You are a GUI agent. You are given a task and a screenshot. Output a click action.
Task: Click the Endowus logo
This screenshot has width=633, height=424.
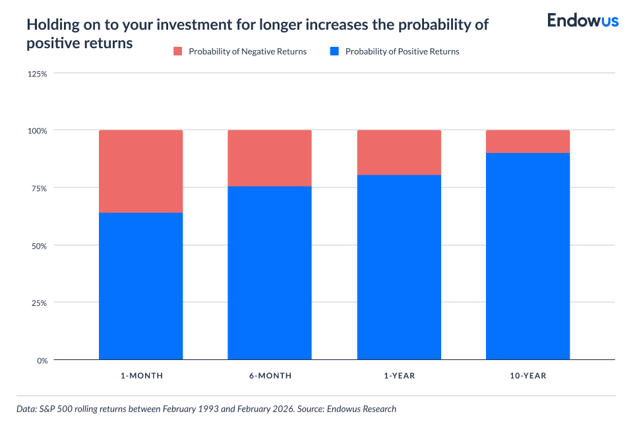[x=582, y=20]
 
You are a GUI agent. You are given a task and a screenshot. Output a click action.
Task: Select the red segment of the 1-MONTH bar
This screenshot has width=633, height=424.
[x=140, y=171]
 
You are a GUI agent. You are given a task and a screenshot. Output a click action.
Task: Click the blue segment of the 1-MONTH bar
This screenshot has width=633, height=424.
[x=140, y=286]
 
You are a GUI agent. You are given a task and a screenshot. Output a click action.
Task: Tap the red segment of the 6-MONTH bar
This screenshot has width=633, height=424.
[x=270, y=158]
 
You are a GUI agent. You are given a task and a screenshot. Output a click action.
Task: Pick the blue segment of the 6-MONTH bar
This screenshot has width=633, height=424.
[x=270, y=273]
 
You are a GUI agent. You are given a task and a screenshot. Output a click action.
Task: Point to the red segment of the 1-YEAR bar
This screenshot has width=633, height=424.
[x=399, y=152]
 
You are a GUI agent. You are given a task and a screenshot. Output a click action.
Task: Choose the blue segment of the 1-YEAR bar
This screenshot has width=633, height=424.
[x=399, y=267]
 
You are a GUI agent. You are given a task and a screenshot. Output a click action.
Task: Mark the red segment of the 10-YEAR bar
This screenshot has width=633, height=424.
[x=527, y=142]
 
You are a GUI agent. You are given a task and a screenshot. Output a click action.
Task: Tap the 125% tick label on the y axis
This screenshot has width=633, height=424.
[x=37, y=73]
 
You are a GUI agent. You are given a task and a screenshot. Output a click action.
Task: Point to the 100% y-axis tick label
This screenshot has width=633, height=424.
[x=37, y=131]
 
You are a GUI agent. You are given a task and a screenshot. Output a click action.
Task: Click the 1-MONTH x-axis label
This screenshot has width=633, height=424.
[x=141, y=376]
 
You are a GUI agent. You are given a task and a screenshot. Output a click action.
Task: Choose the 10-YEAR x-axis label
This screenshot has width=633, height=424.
[x=527, y=376]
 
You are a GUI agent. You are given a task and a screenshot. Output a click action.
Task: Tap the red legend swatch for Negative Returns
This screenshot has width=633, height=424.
[x=177, y=51]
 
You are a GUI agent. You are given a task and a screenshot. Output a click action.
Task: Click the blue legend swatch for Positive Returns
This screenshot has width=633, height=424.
[x=334, y=51]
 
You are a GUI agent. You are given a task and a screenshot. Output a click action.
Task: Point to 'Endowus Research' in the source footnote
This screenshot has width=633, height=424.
[x=363, y=409]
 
